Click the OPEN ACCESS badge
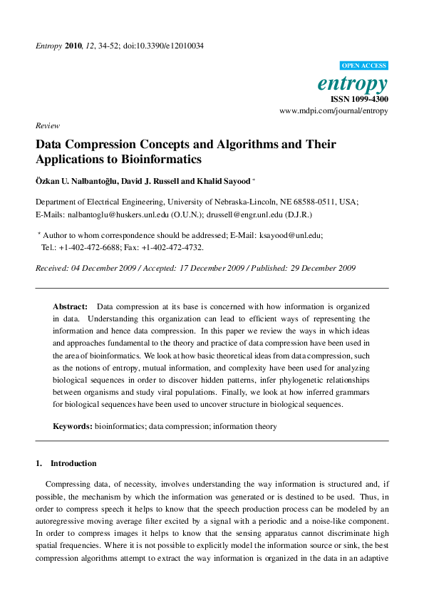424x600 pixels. [364, 65]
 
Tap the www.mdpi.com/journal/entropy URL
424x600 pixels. [333, 111]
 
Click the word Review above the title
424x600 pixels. [48, 125]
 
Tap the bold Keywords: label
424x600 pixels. [73, 426]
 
